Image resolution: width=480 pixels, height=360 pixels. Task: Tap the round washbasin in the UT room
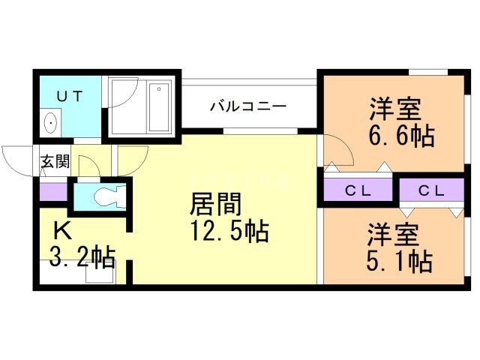(x=51, y=122)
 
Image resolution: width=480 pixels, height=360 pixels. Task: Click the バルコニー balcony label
(x=247, y=106)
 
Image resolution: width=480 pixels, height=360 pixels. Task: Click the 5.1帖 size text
(x=398, y=262)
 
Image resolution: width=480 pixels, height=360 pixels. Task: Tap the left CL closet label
(x=358, y=191)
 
